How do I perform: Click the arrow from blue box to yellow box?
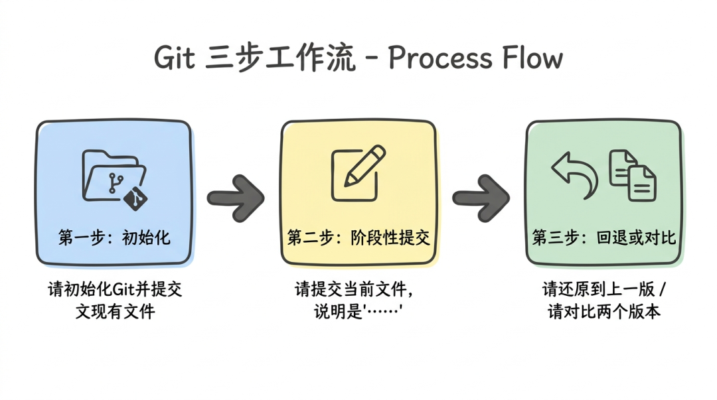pos(236,197)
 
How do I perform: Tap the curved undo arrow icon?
pos(575,174)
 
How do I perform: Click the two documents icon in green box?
pos(633,174)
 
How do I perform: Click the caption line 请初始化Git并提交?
pos(114,290)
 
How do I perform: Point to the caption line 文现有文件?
pos(114,311)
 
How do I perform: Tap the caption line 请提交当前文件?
pos(358,290)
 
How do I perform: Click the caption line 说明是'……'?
pos(358,311)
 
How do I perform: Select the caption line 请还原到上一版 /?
pos(604,290)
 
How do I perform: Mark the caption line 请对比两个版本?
pos(604,311)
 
